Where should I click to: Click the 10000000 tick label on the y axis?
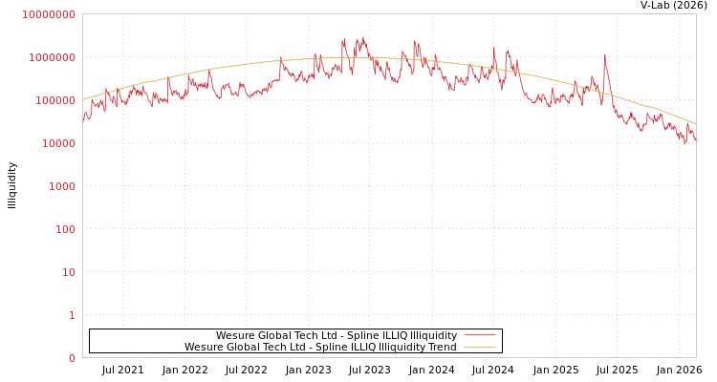click(x=48, y=14)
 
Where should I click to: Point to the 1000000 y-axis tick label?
click(x=52, y=57)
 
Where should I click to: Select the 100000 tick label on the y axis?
click(x=54, y=100)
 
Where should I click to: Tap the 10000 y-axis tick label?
click(x=57, y=143)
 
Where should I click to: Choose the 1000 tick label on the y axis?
click(x=61, y=186)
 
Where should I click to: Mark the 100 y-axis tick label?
click(x=64, y=229)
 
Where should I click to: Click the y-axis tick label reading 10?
click(x=68, y=272)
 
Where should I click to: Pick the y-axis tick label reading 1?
click(x=72, y=315)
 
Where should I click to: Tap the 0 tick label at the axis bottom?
click(x=72, y=358)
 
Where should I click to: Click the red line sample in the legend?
click(x=480, y=335)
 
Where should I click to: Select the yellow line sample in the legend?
click(x=480, y=347)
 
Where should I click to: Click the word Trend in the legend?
click(x=443, y=347)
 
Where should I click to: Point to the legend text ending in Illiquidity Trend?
click(x=320, y=347)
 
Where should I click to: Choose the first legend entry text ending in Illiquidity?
click(x=337, y=335)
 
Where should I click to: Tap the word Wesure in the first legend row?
click(x=235, y=335)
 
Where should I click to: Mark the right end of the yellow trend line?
click(x=696, y=124)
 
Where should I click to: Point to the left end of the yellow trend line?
click(x=83, y=99)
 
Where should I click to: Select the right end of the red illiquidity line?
click(x=696, y=139)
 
